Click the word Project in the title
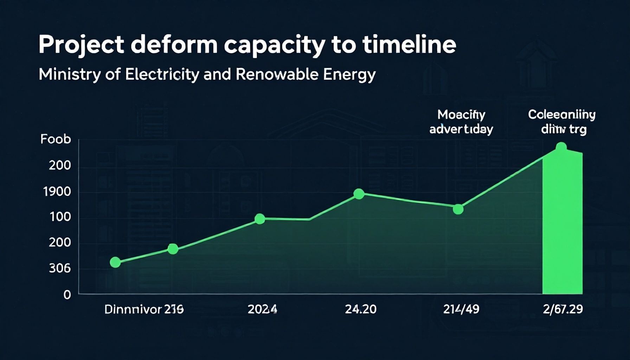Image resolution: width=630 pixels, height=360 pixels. click(x=81, y=45)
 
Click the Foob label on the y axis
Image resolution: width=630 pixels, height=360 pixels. click(x=56, y=139)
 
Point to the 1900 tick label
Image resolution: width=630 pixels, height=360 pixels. click(x=57, y=192)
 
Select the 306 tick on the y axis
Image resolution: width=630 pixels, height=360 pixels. click(x=59, y=269)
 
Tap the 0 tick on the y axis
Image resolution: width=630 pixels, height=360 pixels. click(x=67, y=295)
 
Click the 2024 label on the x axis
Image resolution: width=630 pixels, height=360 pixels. click(x=262, y=309)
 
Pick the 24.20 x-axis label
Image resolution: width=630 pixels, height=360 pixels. click(x=360, y=309)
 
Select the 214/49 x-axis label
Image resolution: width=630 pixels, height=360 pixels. click(x=461, y=309)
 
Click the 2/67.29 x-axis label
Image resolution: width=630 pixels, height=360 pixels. click(x=562, y=309)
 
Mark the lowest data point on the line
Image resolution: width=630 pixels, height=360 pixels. click(x=115, y=262)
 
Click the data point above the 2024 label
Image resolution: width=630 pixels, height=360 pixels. click(x=259, y=219)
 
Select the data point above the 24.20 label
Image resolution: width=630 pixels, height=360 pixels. click(x=359, y=194)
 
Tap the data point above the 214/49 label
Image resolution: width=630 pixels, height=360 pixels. click(x=458, y=209)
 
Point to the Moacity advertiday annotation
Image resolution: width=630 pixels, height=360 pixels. click(x=461, y=122)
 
